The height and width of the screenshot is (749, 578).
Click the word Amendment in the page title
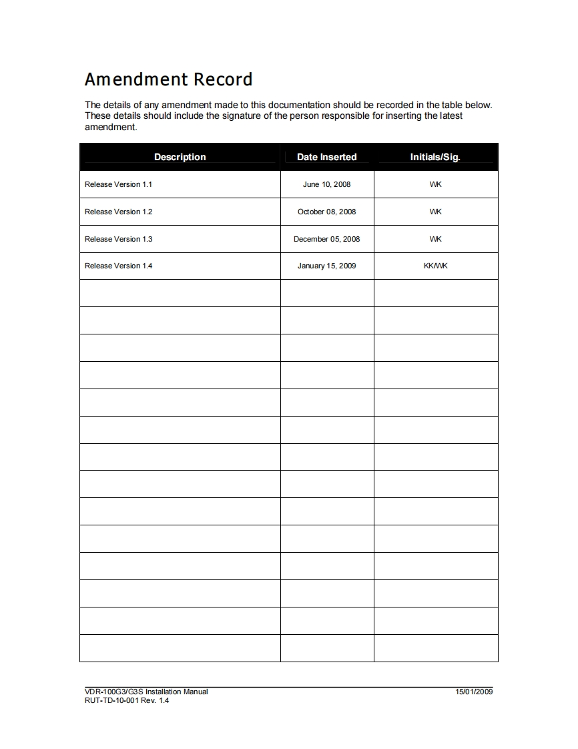click(x=136, y=79)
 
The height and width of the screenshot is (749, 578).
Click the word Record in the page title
click(x=223, y=79)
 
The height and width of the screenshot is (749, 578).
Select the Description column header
click(x=180, y=157)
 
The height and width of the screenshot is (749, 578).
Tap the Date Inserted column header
click(x=326, y=157)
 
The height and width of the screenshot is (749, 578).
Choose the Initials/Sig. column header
click(x=435, y=157)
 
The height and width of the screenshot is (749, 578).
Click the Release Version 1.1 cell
click(x=118, y=184)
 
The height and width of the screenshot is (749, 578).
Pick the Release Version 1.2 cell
click(x=118, y=212)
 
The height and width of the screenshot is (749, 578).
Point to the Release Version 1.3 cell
click(x=118, y=239)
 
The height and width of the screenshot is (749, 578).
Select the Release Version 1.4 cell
click(x=118, y=266)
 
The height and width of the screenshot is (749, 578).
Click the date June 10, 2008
click(x=326, y=184)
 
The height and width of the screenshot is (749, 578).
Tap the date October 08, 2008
click(x=326, y=212)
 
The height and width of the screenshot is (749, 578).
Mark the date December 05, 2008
click(x=326, y=239)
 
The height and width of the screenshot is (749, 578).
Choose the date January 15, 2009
click(x=326, y=266)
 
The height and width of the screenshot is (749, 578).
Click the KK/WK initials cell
click(x=435, y=266)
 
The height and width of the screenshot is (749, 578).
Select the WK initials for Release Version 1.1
click(x=435, y=184)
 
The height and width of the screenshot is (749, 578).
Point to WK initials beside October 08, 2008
click(x=435, y=212)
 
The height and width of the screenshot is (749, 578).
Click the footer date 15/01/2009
click(x=474, y=692)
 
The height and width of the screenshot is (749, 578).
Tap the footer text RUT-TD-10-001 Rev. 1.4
click(x=127, y=700)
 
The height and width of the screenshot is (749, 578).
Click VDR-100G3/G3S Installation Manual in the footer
click(x=146, y=692)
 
